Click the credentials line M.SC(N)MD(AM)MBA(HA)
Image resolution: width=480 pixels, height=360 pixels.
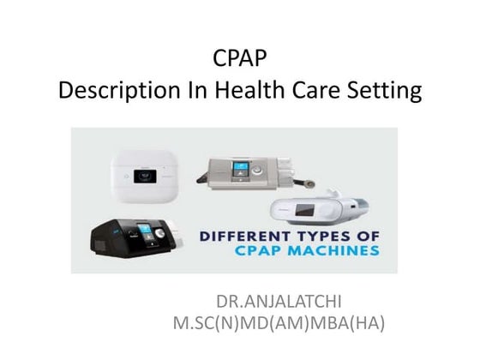point(279,324)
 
